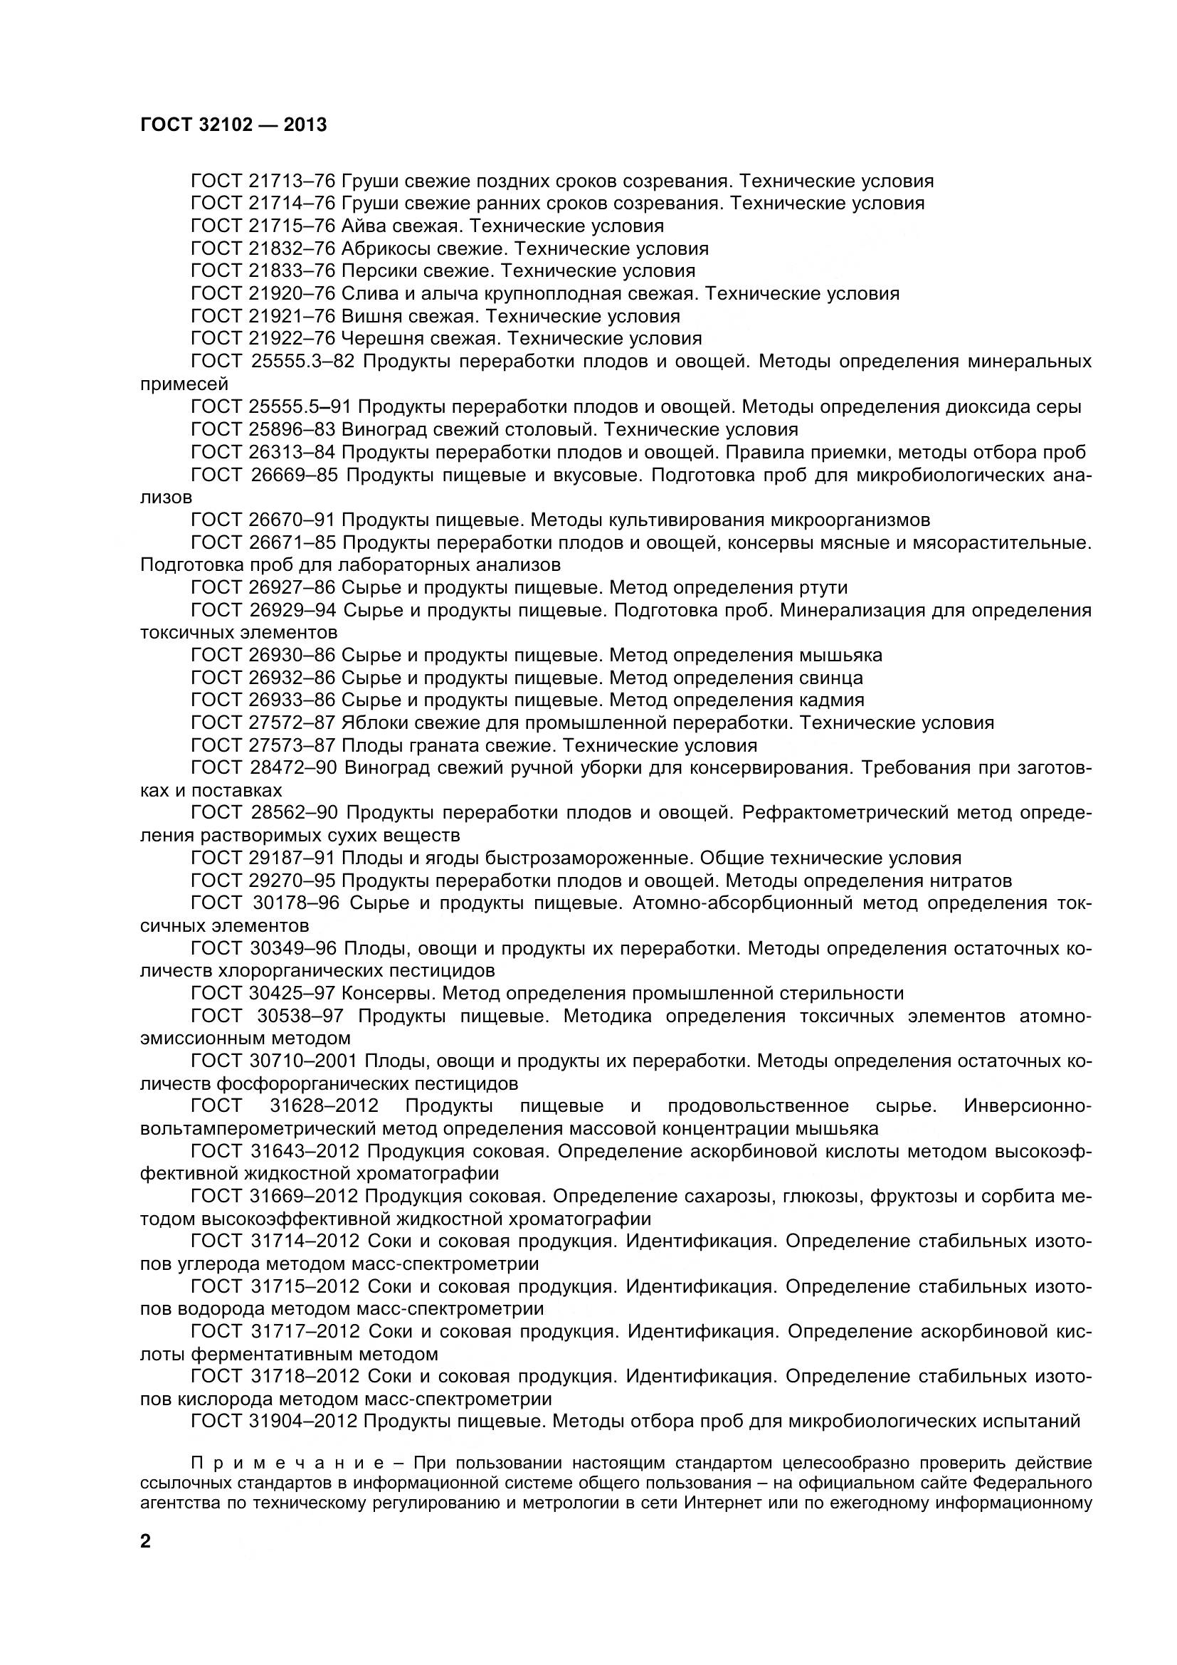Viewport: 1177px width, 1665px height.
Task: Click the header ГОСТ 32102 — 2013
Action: pyautogui.click(x=233, y=125)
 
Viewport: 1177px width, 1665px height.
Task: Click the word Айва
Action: pyautogui.click(x=364, y=226)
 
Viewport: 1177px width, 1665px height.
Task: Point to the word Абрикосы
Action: pyautogui.click(x=389, y=248)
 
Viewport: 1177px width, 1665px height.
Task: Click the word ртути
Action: pyautogui.click(x=822, y=587)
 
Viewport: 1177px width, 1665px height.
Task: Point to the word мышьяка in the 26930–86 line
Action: pyautogui.click(x=840, y=656)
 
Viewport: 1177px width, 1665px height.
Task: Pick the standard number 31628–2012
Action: pyautogui.click(x=324, y=1106)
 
